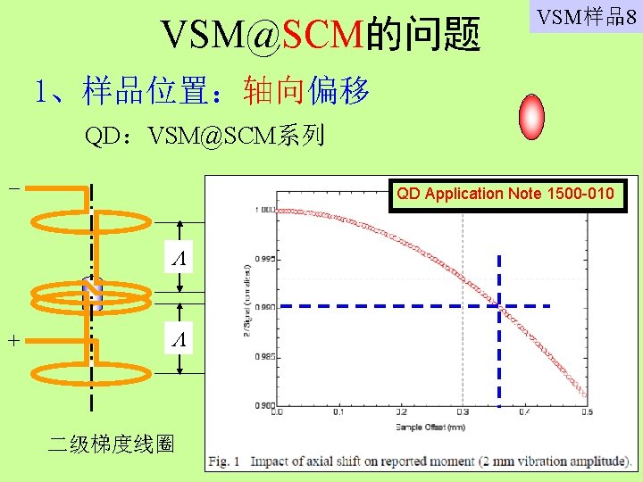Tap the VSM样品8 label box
tap(585, 18)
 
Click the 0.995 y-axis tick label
tap(263, 260)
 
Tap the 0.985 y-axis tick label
tap(263, 357)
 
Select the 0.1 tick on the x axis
tap(338, 412)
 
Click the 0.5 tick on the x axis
tap(586, 412)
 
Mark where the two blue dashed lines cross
tap(499, 306)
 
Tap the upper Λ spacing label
tap(180, 259)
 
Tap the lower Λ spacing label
tap(180, 339)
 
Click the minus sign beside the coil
tap(13, 188)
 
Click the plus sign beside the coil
tap(13, 340)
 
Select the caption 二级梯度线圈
tap(111, 445)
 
